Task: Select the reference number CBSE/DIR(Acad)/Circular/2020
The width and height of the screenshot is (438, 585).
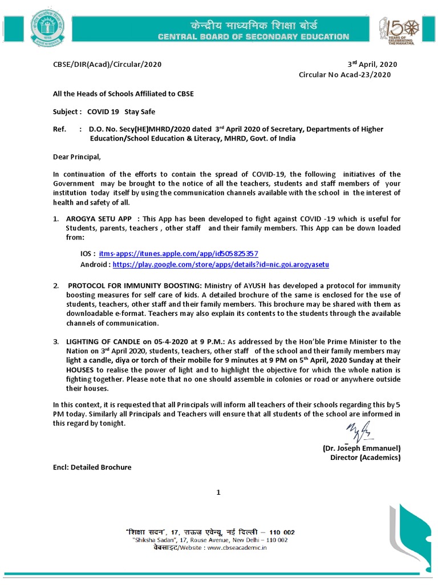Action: [107, 64]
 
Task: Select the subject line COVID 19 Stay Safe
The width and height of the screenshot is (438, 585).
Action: [121, 111]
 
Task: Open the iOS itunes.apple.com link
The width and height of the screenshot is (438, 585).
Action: [179, 253]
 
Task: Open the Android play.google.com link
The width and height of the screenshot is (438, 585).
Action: [221, 265]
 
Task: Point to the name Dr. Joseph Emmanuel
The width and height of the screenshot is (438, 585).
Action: [362, 448]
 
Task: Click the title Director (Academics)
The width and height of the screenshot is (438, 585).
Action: [365, 458]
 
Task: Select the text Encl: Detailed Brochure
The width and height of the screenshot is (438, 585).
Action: [92, 467]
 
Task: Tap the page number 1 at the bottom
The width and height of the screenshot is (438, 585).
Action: [218, 492]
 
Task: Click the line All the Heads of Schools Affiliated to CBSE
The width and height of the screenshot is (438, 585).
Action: [123, 94]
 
